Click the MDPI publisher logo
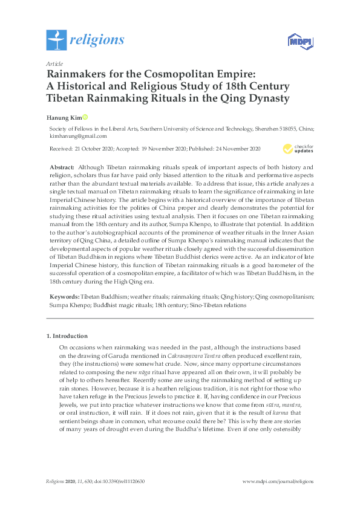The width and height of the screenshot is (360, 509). point(296,41)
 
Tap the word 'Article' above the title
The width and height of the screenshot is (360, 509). point(54,63)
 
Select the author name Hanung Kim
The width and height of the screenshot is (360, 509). point(63,117)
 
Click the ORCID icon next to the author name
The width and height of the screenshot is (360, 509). point(85,117)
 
